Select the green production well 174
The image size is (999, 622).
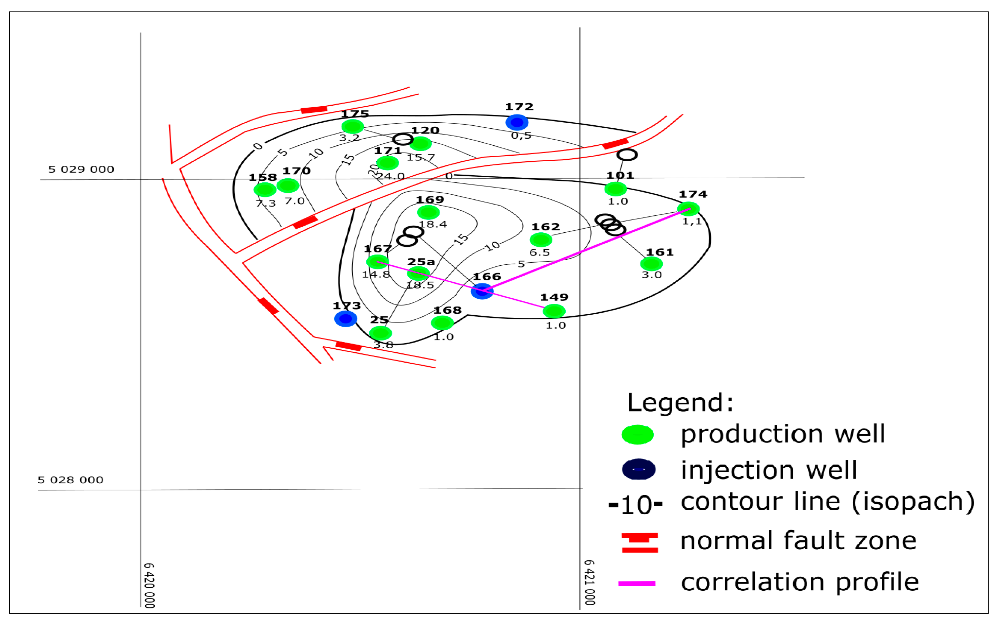[x=688, y=209]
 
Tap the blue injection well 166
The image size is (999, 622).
[x=482, y=291]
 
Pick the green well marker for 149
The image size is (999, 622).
[x=554, y=311]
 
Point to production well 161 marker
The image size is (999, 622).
[x=651, y=264]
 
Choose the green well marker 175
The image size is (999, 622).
[x=353, y=126]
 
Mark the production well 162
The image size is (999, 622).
[x=541, y=239]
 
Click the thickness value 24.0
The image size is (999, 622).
[x=391, y=176]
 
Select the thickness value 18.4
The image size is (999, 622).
[x=433, y=224]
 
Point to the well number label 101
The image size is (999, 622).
[x=620, y=176]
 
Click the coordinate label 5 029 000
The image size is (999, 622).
[x=81, y=169]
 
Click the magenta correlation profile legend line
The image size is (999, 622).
[x=637, y=583]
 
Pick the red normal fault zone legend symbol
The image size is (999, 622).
[x=639, y=543]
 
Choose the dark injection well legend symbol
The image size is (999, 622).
[x=638, y=469]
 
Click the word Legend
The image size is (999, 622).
[x=680, y=403]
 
